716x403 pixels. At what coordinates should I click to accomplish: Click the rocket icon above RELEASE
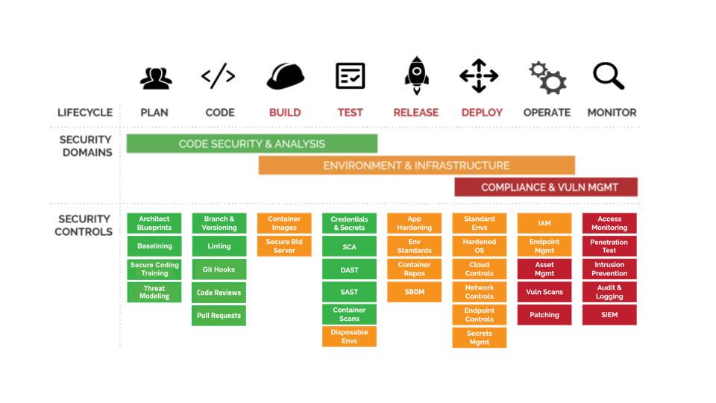416,75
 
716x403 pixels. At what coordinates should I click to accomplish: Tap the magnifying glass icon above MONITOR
609,76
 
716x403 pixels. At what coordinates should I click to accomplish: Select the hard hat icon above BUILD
285,76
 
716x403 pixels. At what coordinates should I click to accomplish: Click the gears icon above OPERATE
547,77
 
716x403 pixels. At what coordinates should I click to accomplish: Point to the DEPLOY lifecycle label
482,113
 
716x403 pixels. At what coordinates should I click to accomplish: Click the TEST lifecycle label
350,113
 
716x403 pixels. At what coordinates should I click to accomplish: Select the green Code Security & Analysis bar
252,143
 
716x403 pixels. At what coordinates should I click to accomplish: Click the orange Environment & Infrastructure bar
416,165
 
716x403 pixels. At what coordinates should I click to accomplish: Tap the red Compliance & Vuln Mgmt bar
546,187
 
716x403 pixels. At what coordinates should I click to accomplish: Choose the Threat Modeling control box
154,292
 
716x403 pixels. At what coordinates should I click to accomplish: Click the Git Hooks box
219,269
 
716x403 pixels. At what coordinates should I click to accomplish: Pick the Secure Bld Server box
284,246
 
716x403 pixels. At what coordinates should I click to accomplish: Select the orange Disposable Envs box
349,337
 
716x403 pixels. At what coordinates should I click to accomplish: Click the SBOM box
414,292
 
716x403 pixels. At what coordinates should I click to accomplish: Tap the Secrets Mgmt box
480,337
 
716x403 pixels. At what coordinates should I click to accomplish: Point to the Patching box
544,315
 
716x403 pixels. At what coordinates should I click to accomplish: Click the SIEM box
609,315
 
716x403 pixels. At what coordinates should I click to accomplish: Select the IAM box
544,223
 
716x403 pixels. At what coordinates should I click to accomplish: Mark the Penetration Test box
609,246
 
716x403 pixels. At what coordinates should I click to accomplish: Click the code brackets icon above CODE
219,76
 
